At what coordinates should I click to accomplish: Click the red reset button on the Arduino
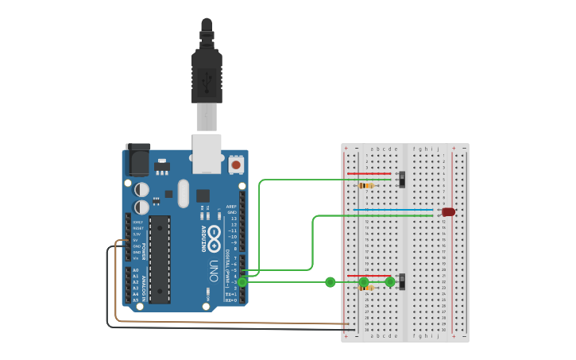(x=236, y=165)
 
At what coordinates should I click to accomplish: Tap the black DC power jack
(x=137, y=158)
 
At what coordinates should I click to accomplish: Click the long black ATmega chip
(x=160, y=259)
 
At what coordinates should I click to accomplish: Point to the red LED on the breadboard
(x=448, y=212)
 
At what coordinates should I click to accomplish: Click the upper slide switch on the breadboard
(x=402, y=179)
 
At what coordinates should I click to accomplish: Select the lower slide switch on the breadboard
(x=402, y=281)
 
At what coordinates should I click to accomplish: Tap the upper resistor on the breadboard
(x=366, y=185)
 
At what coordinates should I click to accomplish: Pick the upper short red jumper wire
(x=369, y=173)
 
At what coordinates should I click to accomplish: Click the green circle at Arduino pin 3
(x=243, y=281)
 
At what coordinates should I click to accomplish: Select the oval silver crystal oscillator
(x=184, y=193)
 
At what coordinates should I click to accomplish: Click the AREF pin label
(x=232, y=206)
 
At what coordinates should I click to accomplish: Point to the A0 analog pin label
(x=135, y=270)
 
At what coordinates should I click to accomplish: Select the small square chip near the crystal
(x=203, y=195)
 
